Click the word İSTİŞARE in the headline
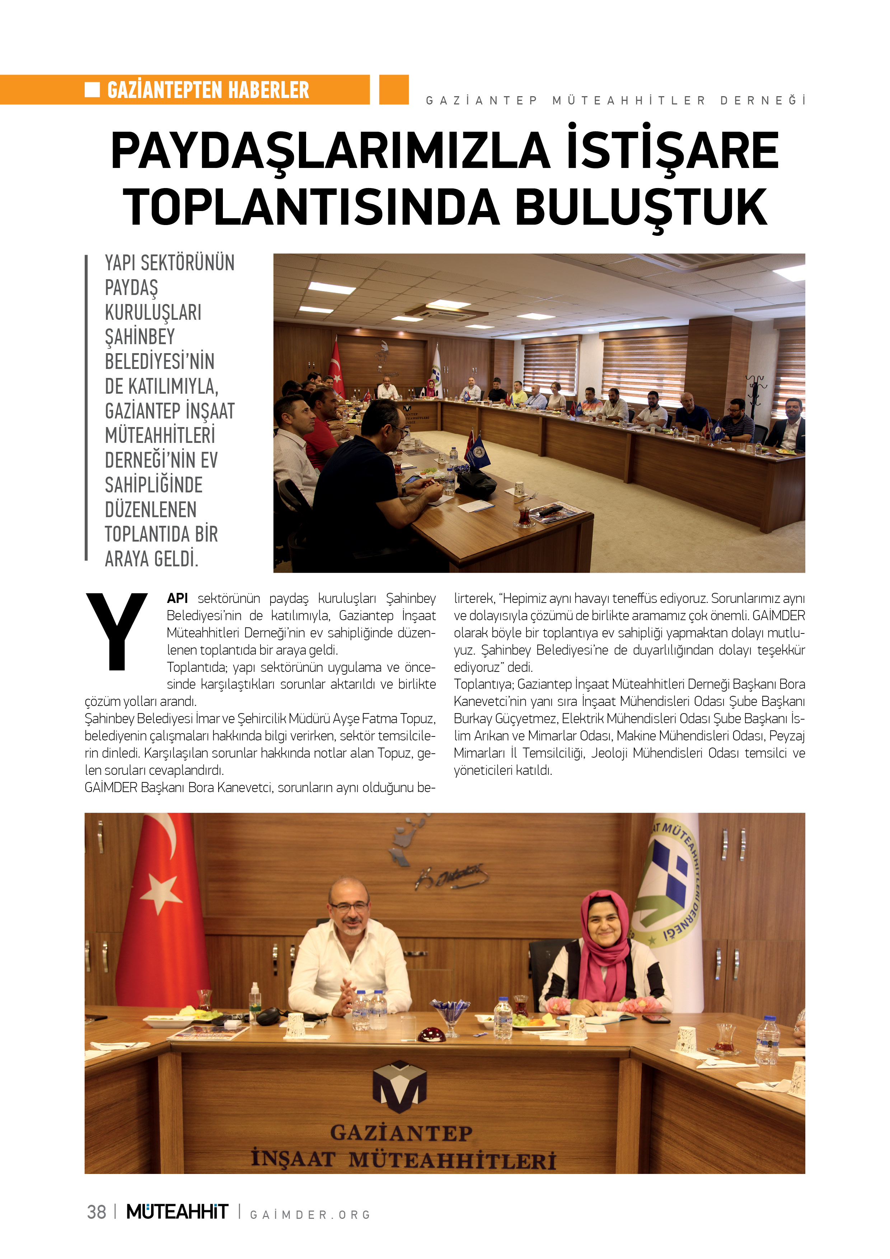click(672, 150)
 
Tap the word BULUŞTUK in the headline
click(641, 207)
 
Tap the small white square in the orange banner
click(92, 89)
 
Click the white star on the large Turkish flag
click(161, 893)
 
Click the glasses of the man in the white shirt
click(349, 906)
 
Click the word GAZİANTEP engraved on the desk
click(401, 1132)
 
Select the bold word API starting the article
click(177, 598)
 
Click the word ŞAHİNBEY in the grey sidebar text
click(140, 337)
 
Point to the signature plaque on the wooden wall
click(450, 877)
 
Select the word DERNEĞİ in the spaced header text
click(763, 100)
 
